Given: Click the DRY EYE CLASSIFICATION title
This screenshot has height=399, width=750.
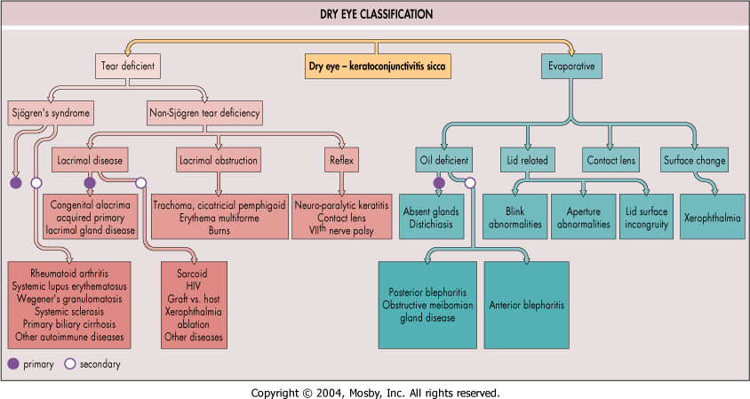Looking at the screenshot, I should click(376, 15).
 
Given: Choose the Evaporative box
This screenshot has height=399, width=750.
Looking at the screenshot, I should click(570, 66).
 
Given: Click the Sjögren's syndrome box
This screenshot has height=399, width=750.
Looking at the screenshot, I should click(51, 113).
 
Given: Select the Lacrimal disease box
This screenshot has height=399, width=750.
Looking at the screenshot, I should click(88, 161).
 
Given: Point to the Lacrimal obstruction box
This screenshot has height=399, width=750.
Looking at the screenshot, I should click(218, 161).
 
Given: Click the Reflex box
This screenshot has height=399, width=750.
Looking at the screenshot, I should click(342, 161).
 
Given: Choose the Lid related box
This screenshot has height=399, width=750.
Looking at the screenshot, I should click(528, 161).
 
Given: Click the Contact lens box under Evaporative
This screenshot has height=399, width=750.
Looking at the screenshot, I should click(611, 161).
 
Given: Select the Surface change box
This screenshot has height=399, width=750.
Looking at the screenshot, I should click(695, 161).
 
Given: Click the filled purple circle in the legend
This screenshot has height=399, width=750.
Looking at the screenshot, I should click(13, 364).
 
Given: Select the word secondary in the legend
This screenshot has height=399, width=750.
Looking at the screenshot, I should click(100, 364).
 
